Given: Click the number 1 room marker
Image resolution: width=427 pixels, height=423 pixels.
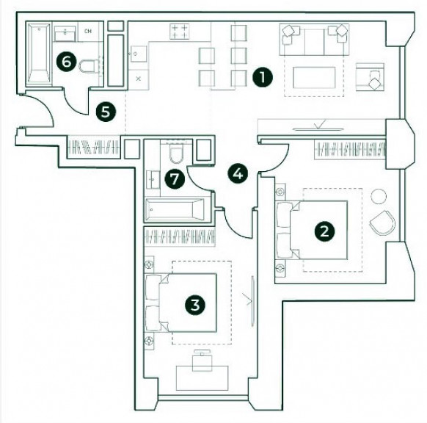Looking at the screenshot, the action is click(x=262, y=77).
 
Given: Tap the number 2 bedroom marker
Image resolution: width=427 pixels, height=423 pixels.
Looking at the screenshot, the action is click(x=324, y=231).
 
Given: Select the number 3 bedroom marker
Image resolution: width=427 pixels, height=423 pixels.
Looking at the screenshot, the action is click(x=195, y=305).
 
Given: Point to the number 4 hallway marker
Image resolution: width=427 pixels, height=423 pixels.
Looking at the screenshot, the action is click(x=238, y=173).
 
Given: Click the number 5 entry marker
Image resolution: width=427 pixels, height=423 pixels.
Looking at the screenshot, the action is click(x=106, y=112).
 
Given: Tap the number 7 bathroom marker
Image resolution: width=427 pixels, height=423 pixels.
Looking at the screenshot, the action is click(x=175, y=179).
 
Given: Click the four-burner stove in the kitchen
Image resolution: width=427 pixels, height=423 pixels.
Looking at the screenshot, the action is click(x=179, y=32).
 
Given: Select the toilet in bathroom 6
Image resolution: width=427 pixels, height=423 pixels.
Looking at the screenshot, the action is click(x=88, y=66).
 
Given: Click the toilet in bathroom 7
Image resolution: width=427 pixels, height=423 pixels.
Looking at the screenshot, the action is click(x=176, y=153).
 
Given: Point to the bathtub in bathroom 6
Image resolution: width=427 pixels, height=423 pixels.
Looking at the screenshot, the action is click(x=39, y=53).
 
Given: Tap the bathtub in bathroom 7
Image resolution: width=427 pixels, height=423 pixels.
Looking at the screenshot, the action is click(x=175, y=209).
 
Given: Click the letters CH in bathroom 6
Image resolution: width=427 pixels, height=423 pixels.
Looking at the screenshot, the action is click(x=88, y=32).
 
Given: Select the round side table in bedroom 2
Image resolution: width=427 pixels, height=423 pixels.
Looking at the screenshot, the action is click(x=379, y=196).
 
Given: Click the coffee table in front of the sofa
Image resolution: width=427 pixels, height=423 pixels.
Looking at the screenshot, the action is click(x=314, y=78).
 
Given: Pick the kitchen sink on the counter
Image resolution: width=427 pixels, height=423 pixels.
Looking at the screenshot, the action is click(x=139, y=54).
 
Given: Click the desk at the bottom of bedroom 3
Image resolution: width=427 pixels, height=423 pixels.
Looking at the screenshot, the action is click(x=202, y=378).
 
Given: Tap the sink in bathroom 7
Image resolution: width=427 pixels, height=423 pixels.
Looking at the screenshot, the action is click(x=153, y=180).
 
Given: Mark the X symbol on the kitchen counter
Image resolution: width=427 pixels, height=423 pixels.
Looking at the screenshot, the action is click(x=139, y=79).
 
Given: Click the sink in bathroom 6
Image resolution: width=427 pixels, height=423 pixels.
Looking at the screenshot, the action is click(x=65, y=34).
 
